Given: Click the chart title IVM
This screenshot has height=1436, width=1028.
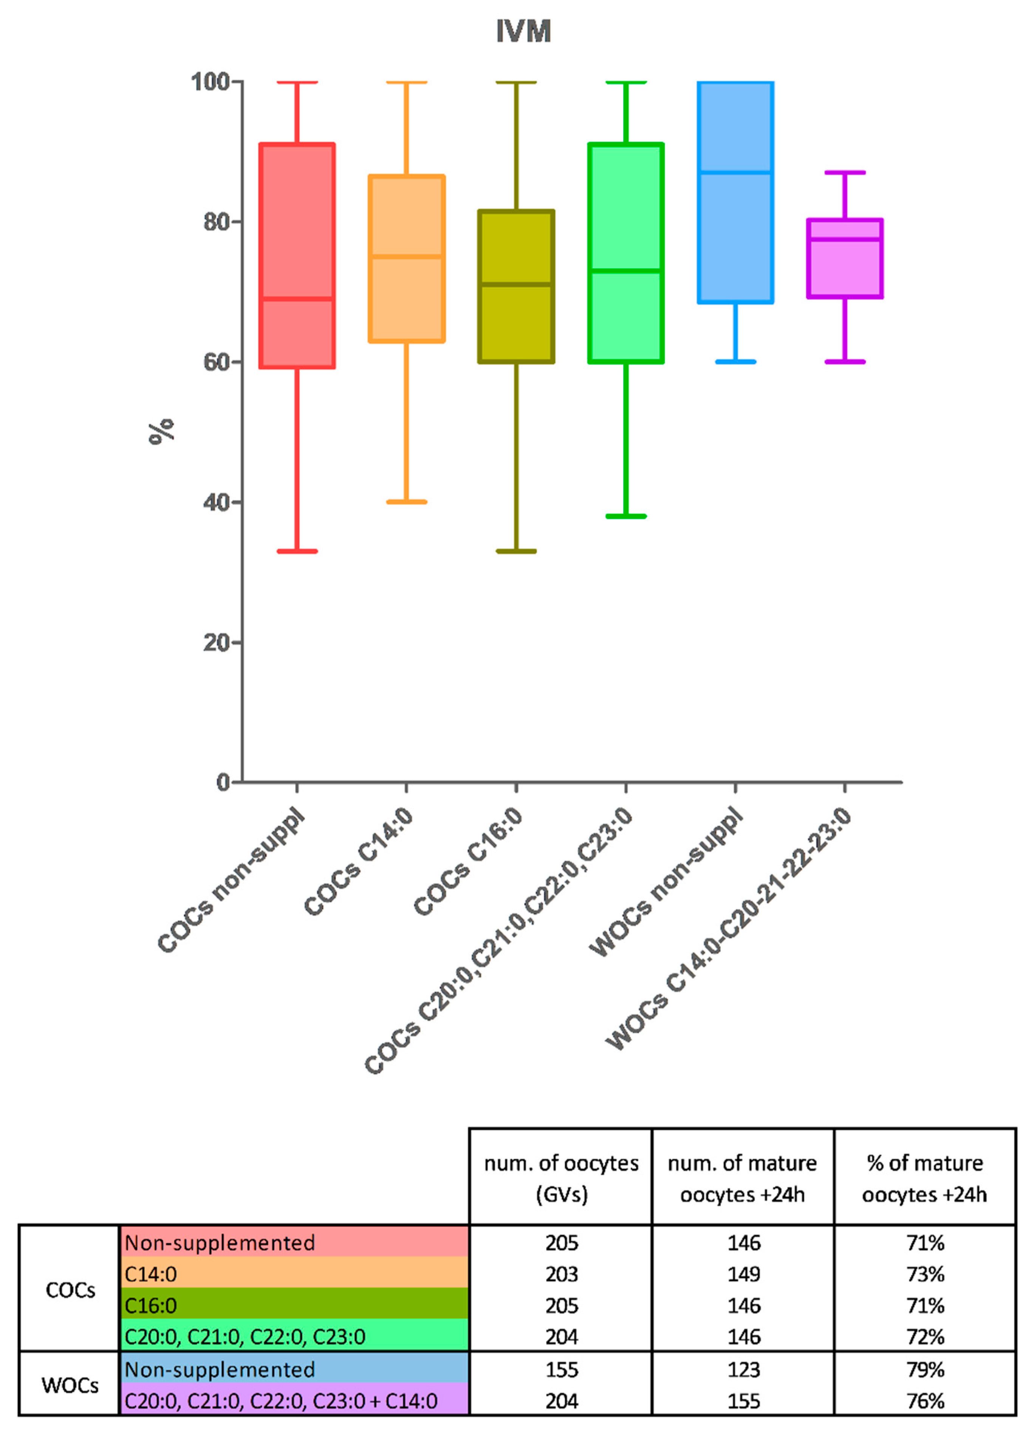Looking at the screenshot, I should (523, 31).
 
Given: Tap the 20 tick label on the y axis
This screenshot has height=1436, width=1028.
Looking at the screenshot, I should (216, 643).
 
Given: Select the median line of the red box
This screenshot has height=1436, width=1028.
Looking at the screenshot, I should (297, 298).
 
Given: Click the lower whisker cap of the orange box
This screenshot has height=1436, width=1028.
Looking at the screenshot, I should (406, 502).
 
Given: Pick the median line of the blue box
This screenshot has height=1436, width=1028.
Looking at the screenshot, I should (735, 172).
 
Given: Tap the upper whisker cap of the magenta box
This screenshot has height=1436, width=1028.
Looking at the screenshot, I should (844, 172).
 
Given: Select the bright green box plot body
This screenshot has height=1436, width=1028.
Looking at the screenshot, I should (625, 253).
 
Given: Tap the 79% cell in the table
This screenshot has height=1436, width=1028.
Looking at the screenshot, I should (925, 1369).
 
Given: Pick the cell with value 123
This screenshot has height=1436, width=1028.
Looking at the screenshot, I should (743, 1369).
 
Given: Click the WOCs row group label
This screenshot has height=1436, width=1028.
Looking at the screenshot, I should (70, 1385).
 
